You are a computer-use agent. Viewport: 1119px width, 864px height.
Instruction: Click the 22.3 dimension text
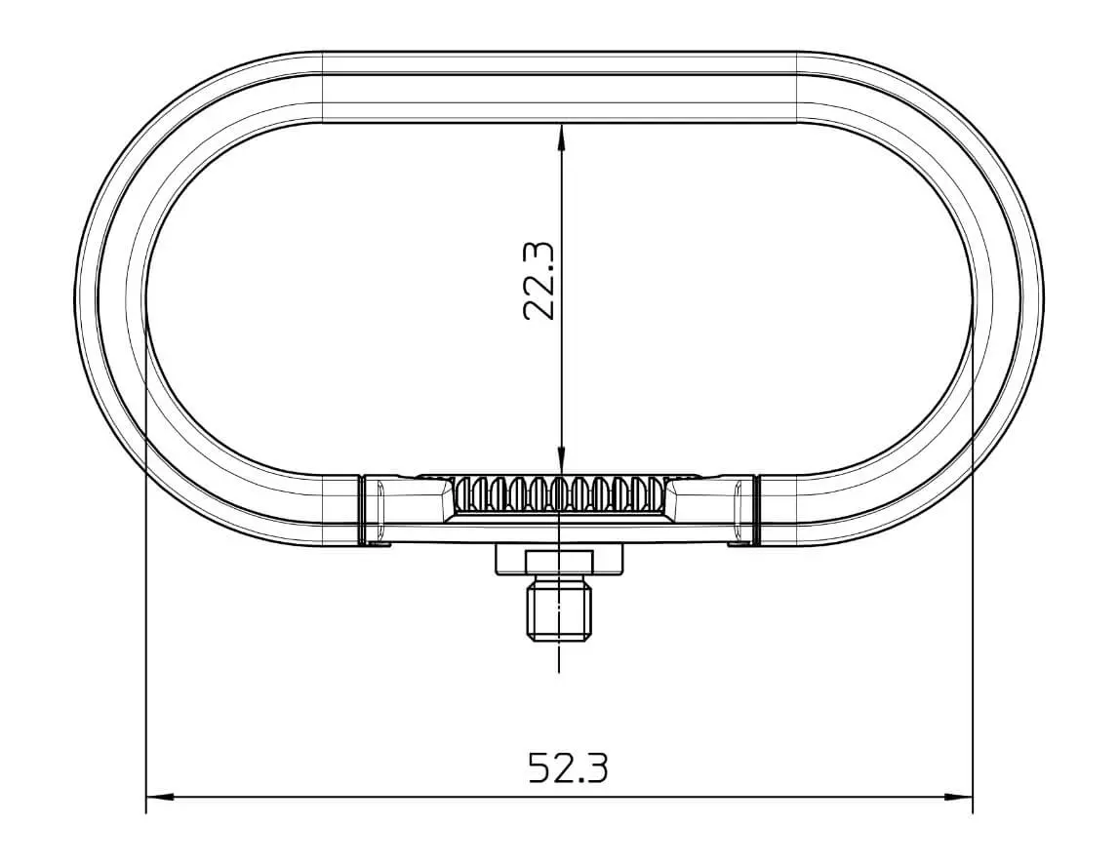539,281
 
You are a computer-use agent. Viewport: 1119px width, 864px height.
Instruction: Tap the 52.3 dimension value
569,767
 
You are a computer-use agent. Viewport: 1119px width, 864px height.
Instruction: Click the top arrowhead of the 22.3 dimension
561,137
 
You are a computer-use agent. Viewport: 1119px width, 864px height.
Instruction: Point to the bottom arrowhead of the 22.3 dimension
561,461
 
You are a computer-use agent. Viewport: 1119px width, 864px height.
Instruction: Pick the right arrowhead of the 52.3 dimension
958,796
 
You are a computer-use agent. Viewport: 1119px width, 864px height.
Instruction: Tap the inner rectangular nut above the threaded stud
559,561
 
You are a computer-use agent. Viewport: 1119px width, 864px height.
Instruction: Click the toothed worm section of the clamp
560,495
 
